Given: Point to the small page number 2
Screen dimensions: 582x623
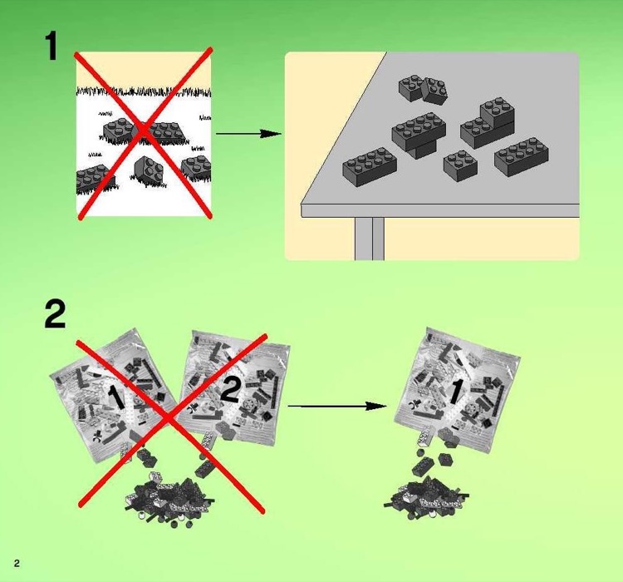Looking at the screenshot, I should [16, 565].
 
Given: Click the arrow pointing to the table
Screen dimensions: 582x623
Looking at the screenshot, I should [248, 133].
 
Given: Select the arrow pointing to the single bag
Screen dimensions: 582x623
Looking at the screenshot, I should [336, 406].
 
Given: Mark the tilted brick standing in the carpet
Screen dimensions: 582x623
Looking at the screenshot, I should [147, 170].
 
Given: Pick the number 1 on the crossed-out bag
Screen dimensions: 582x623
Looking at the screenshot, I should [116, 397].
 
